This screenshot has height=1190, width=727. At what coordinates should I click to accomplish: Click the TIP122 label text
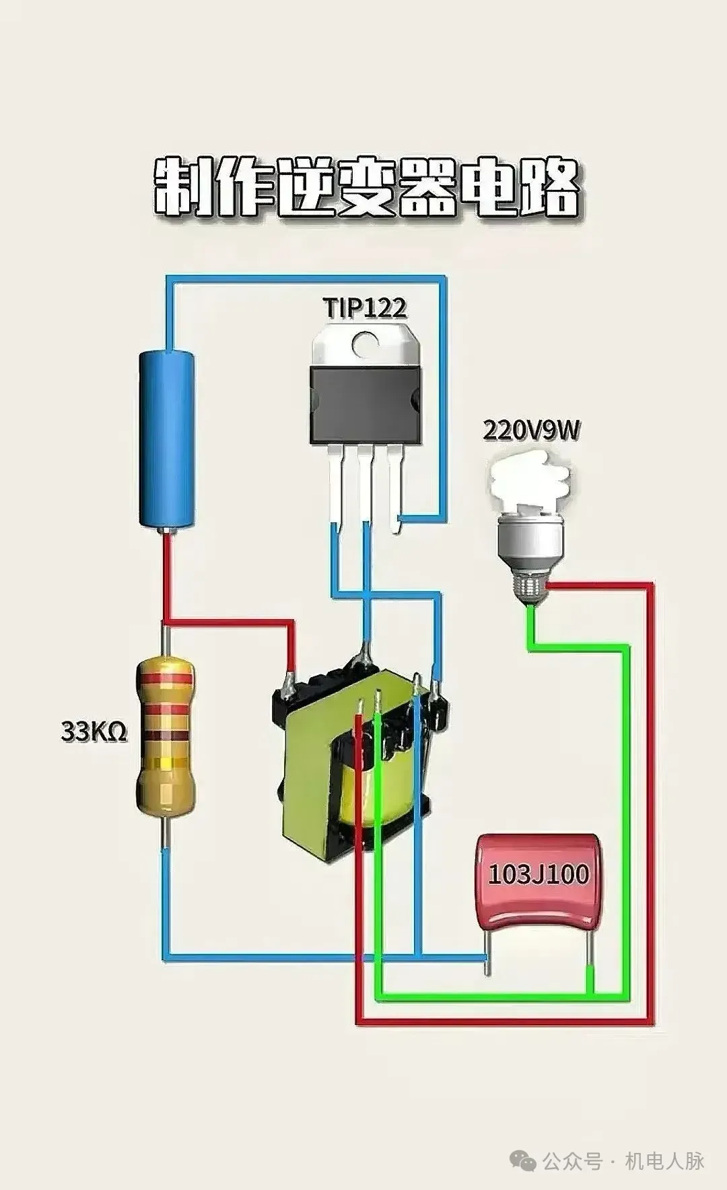click(x=365, y=308)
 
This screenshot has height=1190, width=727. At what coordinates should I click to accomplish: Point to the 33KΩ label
click(x=94, y=731)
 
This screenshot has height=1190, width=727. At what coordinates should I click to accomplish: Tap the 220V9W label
click(x=530, y=430)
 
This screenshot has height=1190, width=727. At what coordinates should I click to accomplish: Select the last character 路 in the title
click(x=548, y=188)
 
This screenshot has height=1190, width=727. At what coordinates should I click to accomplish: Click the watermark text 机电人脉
click(x=665, y=1160)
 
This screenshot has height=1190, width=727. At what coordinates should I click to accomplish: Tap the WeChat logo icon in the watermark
click(x=523, y=1160)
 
